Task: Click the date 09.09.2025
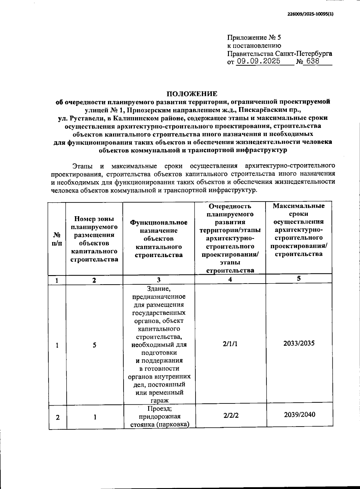[x=258, y=61]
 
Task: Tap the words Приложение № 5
[x=254, y=37]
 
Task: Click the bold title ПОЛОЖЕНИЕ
[x=192, y=94]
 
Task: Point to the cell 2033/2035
[x=299, y=343]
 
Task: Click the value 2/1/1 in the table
[x=230, y=344]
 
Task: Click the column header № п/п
[x=57, y=239]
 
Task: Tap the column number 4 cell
[x=230, y=279]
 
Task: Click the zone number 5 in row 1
[x=94, y=345]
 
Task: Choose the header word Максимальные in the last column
[x=298, y=206]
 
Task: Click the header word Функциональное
[x=159, y=223]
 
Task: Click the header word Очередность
[x=230, y=206]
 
